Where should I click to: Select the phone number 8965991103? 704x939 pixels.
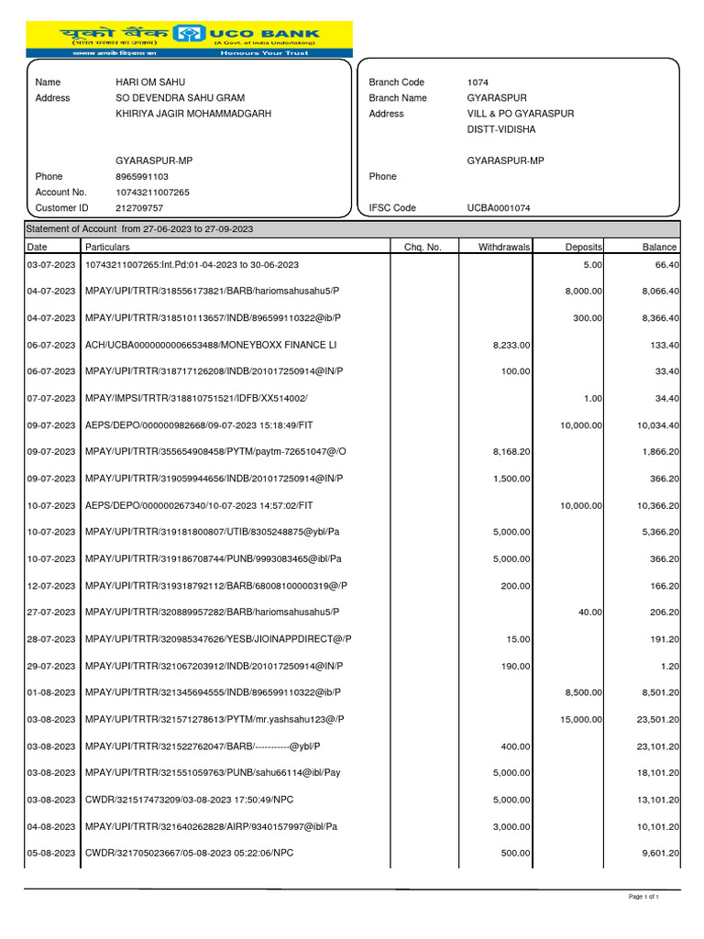tap(142, 176)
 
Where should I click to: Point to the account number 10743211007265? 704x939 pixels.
tap(153, 193)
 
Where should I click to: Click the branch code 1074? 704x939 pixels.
tap(478, 83)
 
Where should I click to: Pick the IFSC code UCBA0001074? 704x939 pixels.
tap(498, 208)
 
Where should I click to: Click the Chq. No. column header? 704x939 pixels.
tap(423, 247)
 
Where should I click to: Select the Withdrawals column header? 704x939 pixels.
tap(504, 247)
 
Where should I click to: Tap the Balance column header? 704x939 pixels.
tap(659, 247)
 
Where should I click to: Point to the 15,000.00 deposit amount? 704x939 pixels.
tap(581, 719)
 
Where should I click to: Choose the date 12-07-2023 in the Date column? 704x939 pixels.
tap(49, 586)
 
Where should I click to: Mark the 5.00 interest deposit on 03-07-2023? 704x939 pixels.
tap(592, 265)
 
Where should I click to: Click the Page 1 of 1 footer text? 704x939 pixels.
tap(643, 897)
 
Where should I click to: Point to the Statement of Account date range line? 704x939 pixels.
tap(139, 229)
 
